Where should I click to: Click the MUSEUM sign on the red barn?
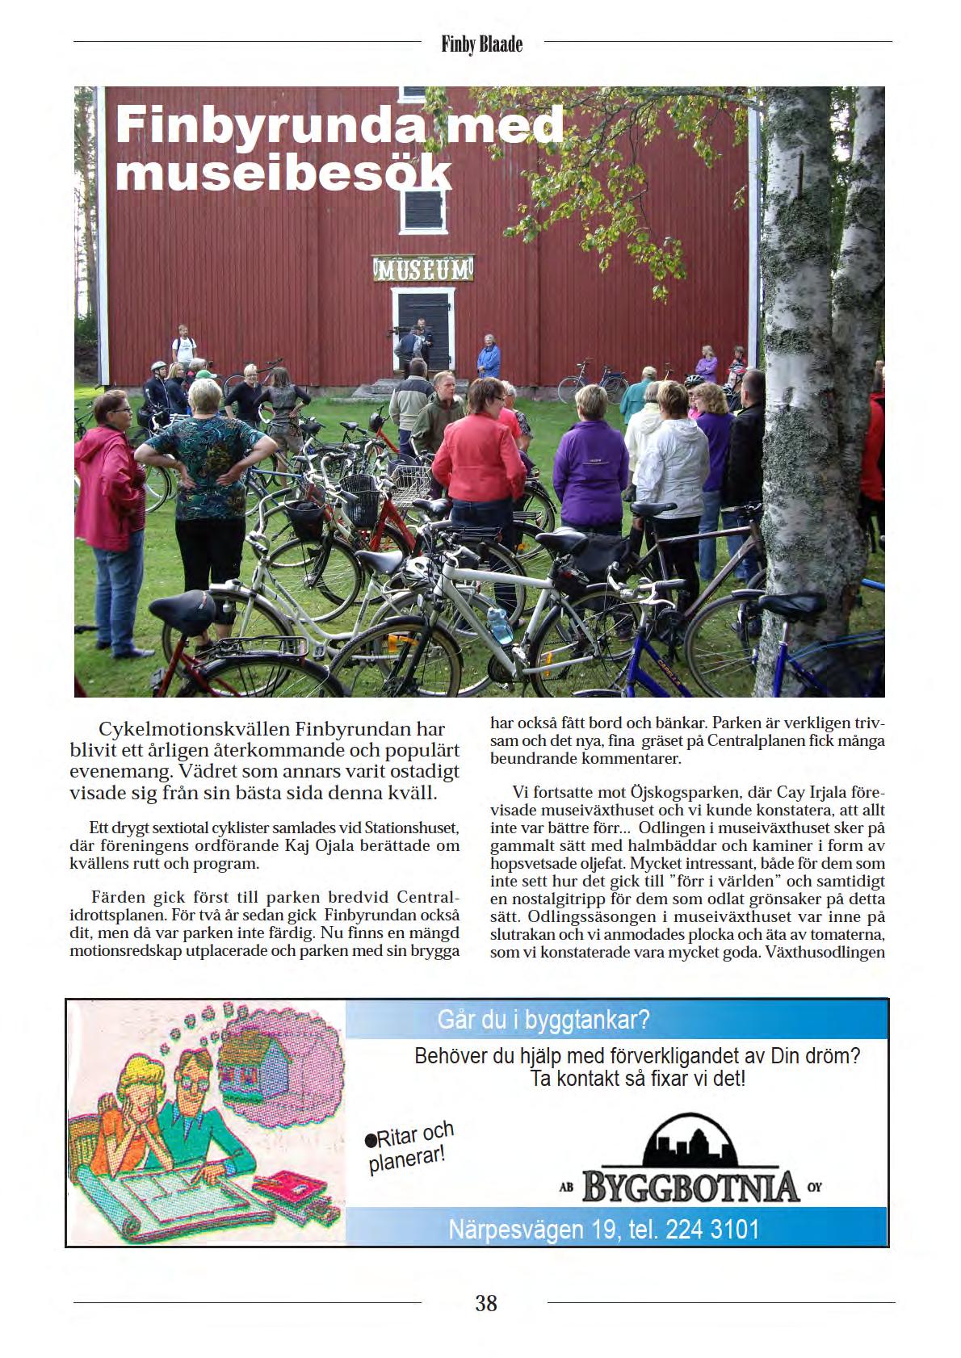click(x=422, y=268)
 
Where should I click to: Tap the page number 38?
click(x=486, y=1303)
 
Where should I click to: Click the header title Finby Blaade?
click(x=482, y=44)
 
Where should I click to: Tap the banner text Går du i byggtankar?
click(x=543, y=1020)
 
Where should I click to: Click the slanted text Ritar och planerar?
click(x=409, y=1146)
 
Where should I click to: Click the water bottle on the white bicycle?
click(x=501, y=626)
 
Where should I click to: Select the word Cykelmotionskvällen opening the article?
click(x=193, y=729)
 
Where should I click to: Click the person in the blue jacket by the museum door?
click(x=488, y=358)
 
